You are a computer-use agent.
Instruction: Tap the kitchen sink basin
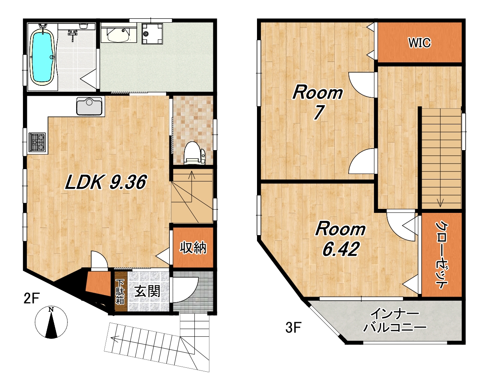[89, 106]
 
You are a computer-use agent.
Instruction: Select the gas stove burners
[37, 143]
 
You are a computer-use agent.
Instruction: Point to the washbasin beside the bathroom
[118, 34]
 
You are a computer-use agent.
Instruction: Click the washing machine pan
[152, 34]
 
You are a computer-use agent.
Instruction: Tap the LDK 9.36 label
[105, 182]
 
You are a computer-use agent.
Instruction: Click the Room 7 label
[318, 102]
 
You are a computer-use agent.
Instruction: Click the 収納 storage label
[193, 248]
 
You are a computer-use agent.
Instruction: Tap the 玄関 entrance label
[147, 291]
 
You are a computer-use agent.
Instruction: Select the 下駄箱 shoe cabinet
[120, 292]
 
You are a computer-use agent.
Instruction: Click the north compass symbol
[51, 322]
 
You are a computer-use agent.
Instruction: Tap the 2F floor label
[32, 298]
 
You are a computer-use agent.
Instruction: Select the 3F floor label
[293, 328]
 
